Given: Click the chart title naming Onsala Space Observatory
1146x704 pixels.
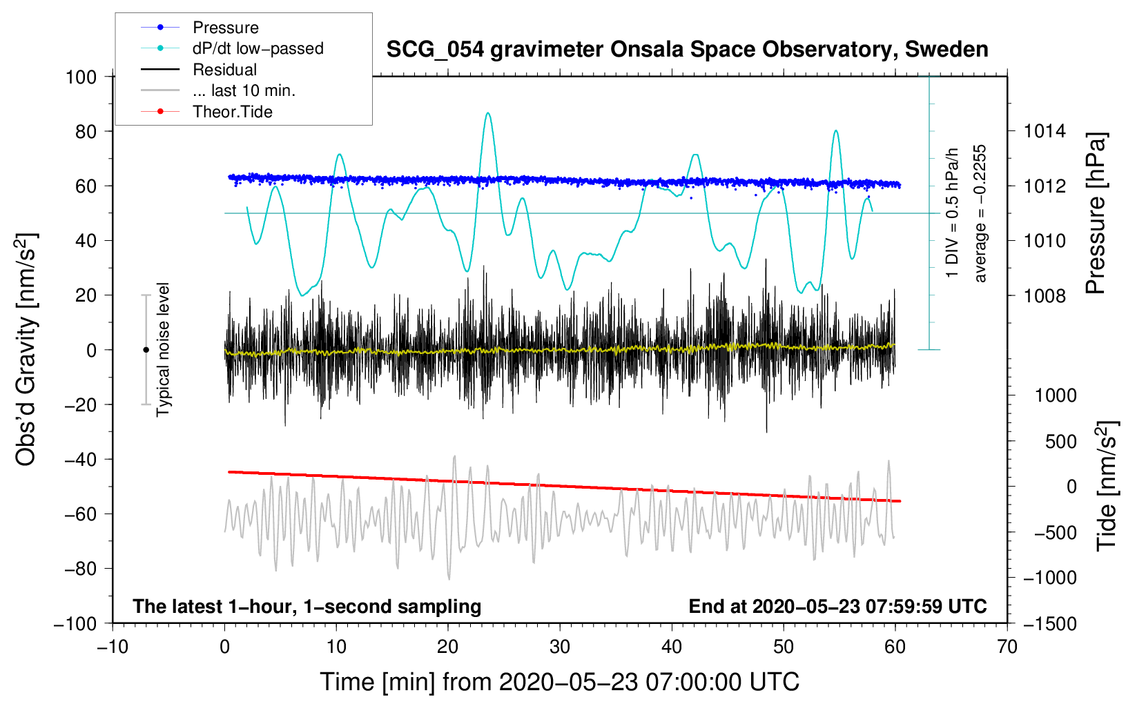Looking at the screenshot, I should coord(687,50).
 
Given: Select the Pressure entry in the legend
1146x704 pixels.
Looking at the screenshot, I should coord(225,28).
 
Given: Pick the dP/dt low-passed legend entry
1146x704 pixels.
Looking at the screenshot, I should coord(258,48).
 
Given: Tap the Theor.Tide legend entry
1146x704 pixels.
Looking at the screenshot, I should coord(232,112).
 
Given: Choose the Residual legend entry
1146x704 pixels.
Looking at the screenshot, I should coord(224,70).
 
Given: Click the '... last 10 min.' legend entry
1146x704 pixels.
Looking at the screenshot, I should coord(244,90).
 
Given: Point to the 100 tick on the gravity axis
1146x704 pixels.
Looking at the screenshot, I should coord(81,77).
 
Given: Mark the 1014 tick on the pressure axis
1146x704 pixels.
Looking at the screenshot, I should coord(1045,131).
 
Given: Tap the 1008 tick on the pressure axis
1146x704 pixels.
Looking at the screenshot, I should coord(1045,295).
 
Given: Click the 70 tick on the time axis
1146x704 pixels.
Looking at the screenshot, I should coord(1007,647).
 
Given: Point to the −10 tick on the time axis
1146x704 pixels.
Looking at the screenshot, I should coord(113,647).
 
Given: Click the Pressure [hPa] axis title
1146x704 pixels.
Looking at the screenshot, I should coord(1096,213).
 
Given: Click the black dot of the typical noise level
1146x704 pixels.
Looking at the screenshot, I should coord(146,350).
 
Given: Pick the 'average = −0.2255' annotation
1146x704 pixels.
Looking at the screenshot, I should coord(980,213).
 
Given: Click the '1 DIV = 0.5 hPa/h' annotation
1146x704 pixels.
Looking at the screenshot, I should coord(953,213).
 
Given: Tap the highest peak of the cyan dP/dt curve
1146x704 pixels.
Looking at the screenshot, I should coord(488,113).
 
